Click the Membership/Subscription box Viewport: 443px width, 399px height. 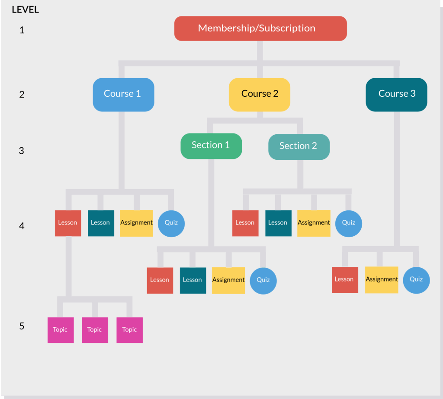(260, 28)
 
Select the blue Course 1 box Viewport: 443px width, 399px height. (123, 94)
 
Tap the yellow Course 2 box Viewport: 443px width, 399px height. (259, 94)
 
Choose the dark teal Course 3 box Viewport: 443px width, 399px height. (396, 94)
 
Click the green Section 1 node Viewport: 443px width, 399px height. (211, 146)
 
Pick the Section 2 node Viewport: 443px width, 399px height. (299, 146)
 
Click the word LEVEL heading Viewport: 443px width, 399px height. (25, 9)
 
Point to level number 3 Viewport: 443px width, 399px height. (22, 151)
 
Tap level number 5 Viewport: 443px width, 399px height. (22, 326)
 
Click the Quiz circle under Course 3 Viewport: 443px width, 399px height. (416, 280)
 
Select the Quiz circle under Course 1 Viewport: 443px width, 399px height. (171, 223)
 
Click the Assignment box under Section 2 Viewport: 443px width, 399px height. (314, 223)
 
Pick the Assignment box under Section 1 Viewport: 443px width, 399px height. (228, 280)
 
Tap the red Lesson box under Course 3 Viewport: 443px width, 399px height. (345, 280)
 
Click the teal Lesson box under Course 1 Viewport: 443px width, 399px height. (101, 223)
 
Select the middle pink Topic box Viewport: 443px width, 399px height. (95, 330)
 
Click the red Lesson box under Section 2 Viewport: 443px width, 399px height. (245, 223)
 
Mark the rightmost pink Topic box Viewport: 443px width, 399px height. (129, 330)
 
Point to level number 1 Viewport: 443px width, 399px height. (22, 30)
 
